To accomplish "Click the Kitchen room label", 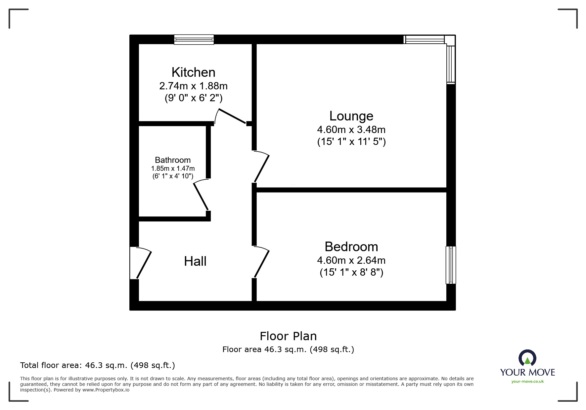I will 193,72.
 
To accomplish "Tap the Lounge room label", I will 351,116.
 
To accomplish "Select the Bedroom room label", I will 351,247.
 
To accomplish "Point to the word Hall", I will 195,261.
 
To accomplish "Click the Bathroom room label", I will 173,160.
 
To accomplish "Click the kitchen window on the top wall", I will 194,40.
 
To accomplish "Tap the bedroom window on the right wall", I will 451,265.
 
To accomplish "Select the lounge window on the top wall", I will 425,40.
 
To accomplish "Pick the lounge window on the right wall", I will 451,64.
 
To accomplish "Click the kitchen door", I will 231,116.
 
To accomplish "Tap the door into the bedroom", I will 262,263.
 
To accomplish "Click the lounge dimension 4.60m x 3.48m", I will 351,129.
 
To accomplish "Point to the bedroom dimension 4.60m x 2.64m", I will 351,260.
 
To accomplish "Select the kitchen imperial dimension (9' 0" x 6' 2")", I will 193,98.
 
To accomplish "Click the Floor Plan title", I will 288,336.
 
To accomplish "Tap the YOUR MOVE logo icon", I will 527,358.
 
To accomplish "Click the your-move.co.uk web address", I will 527,382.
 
